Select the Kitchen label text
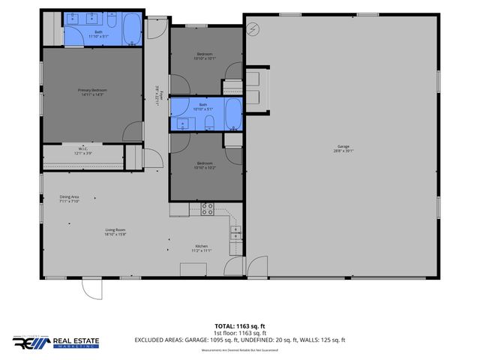(x=201, y=247)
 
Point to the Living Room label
(x=115, y=232)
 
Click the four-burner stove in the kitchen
(x=207, y=208)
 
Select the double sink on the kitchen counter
(x=235, y=233)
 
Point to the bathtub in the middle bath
(x=232, y=115)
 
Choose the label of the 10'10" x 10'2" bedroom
(x=205, y=165)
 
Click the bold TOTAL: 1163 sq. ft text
(x=239, y=325)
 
